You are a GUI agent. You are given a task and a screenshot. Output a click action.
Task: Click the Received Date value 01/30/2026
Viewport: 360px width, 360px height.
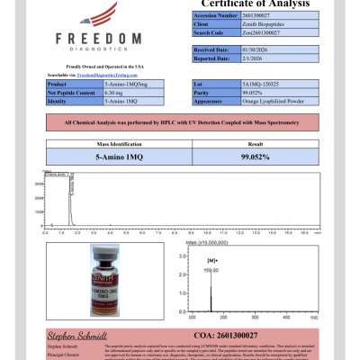coord(230,49)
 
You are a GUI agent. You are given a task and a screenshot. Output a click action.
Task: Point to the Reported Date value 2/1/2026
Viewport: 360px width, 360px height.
coord(229,57)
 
